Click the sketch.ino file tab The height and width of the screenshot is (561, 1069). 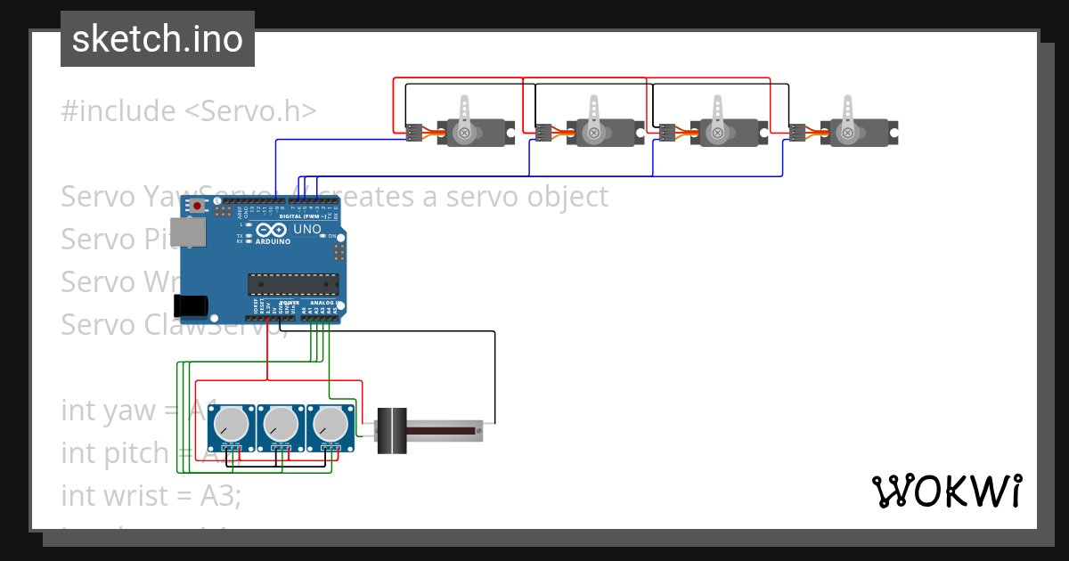pyautogui.click(x=158, y=39)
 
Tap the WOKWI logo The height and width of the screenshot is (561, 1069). pyautogui.click(x=946, y=491)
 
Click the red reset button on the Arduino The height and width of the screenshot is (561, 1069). pyautogui.click(x=197, y=207)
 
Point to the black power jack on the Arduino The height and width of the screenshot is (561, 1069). pyautogui.click(x=192, y=305)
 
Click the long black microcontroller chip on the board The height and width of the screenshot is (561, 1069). pyautogui.click(x=293, y=284)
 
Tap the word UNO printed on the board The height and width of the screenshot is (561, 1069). pyautogui.click(x=307, y=230)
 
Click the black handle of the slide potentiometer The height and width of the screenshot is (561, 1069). pyautogui.click(x=392, y=432)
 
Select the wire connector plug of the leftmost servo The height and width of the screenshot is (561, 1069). pyautogui.click(x=413, y=133)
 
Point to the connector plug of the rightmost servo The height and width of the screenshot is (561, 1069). pyautogui.click(x=797, y=133)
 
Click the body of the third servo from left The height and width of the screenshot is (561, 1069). pyautogui.click(x=730, y=134)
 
